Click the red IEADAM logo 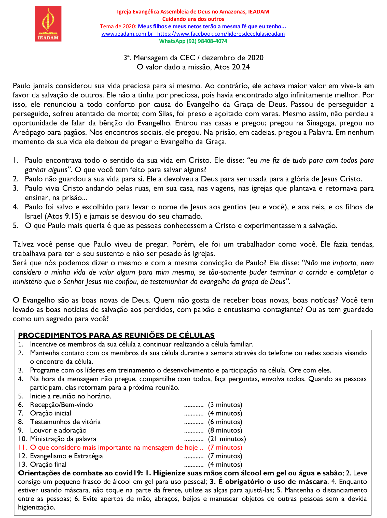click(x=48, y=24)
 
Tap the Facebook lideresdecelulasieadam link click(x=221, y=34)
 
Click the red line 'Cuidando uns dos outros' click(x=193, y=19)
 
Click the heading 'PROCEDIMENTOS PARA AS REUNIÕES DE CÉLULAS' click(x=116, y=335)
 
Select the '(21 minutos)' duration click(x=227, y=439)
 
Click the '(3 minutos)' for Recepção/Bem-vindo click(x=225, y=405)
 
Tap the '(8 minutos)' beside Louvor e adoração click(x=225, y=430)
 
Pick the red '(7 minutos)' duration click(x=225, y=447)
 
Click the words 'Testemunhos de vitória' click(x=65, y=422)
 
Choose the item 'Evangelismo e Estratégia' click(x=66, y=456)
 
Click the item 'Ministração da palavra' click(x=63, y=439)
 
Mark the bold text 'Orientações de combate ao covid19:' click(x=81, y=473)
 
